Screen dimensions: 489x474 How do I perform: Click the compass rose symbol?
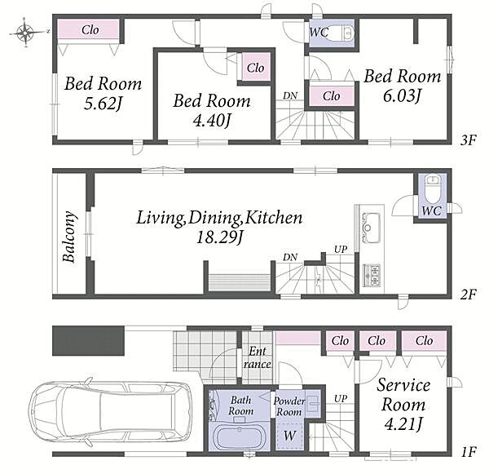coord(25,32)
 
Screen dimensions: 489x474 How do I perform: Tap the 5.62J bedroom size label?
coord(103,104)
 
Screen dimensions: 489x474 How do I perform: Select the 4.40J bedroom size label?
coord(211,121)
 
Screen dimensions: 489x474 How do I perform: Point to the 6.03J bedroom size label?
coord(402,95)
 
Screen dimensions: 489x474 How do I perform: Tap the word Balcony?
coord(69,237)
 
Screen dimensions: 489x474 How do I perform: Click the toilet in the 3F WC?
coord(347,32)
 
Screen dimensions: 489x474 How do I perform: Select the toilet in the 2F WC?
coord(432,189)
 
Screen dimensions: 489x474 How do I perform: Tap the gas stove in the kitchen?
coord(372,276)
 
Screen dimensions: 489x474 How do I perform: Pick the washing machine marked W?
coord(289,436)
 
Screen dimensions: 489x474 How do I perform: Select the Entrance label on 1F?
coord(258,358)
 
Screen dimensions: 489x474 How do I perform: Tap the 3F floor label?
coord(469,140)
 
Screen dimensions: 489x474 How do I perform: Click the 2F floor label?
coord(469,295)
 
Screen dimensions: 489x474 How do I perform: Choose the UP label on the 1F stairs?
coord(341,398)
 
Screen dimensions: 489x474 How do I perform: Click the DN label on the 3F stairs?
coord(290,95)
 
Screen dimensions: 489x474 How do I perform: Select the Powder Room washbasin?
coord(312,402)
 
